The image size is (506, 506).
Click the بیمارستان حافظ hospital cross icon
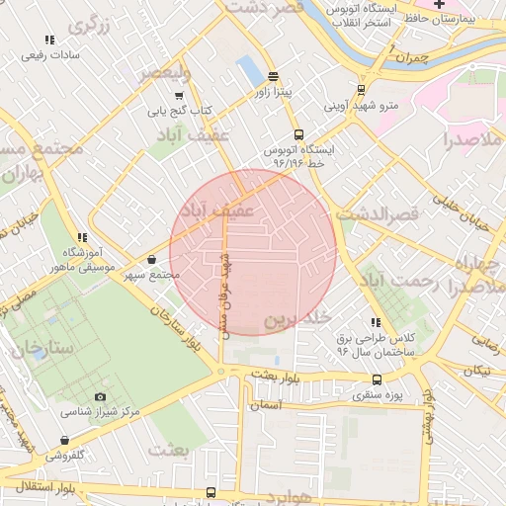(x=440, y=5)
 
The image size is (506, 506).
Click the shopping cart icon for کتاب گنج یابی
(x=178, y=96)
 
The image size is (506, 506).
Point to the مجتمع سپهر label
(x=153, y=274)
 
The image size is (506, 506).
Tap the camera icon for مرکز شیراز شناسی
(x=99, y=396)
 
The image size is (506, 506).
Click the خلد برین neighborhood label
(x=294, y=320)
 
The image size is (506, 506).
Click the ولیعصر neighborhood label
(x=158, y=73)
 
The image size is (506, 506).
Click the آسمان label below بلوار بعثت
(x=266, y=405)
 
